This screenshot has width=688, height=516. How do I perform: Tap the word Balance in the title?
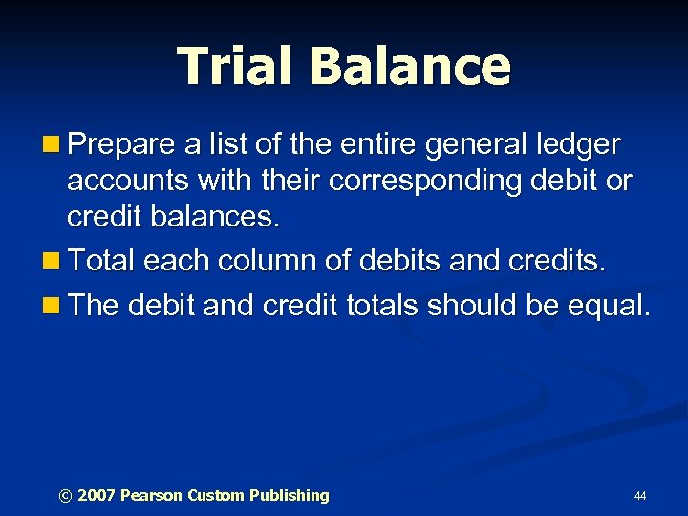(x=411, y=65)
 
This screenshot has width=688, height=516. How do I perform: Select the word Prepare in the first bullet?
(x=119, y=146)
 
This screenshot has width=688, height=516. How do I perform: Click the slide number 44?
(x=639, y=496)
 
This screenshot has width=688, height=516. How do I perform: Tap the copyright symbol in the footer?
(x=65, y=495)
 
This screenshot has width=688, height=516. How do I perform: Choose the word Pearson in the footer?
(x=151, y=495)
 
